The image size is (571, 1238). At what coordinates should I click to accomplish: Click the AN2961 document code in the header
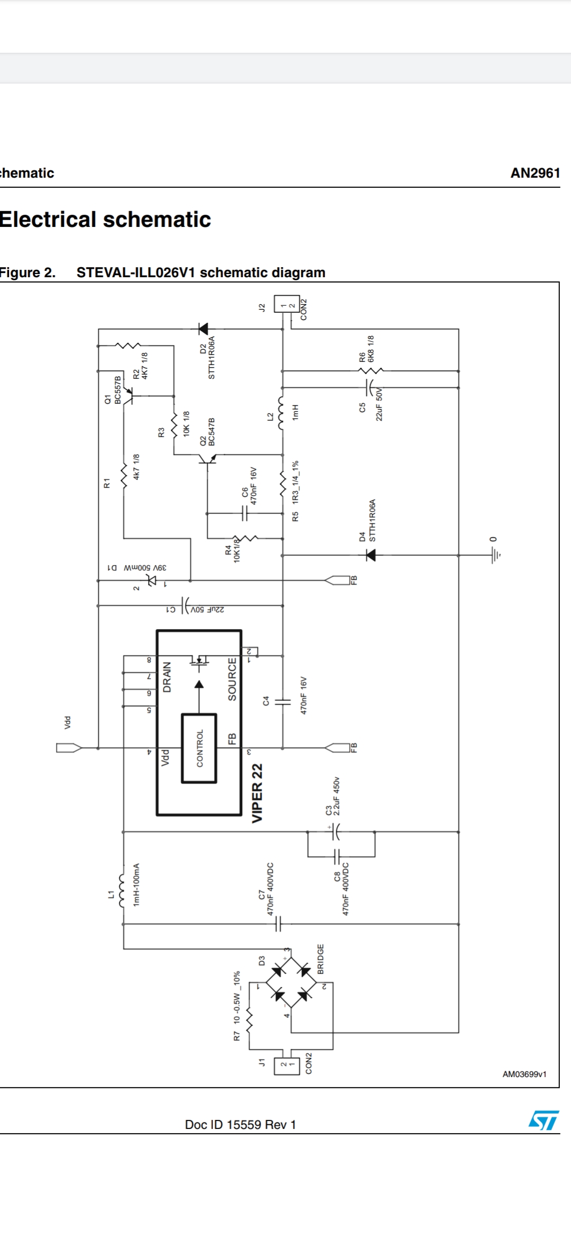click(535, 173)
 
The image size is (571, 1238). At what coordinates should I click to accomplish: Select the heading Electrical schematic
click(105, 220)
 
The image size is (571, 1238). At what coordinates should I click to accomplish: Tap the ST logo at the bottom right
click(543, 1120)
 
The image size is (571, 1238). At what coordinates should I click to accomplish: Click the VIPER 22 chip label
click(257, 793)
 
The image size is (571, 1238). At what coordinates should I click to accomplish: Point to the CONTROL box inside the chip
click(199, 748)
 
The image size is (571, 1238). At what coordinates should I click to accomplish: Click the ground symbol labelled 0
click(495, 554)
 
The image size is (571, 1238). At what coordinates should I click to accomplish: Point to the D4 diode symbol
click(371, 555)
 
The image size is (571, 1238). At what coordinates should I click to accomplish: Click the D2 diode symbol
click(202, 329)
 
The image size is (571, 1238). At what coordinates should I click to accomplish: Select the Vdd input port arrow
click(69, 748)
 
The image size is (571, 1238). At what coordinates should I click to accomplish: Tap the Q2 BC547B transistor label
click(207, 432)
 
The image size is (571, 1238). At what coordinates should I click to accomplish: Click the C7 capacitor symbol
click(279, 924)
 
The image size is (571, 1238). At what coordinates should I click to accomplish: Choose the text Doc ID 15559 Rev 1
click(240, 1124)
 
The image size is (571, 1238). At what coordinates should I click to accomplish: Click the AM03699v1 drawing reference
click(524, 1073)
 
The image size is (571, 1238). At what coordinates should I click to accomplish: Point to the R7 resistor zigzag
click(250, 1022)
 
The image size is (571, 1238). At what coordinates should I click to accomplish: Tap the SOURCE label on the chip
click(232, 679)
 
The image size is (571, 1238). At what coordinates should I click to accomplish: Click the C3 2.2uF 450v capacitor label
click(333, 797)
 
